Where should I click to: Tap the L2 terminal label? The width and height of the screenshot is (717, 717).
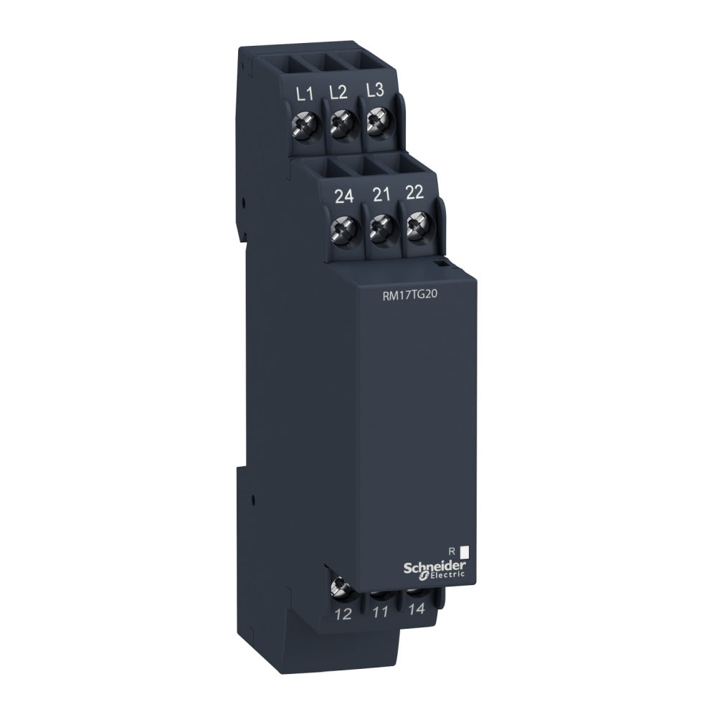coord(338,92)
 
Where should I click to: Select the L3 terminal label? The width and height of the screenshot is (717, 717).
coord(374,90)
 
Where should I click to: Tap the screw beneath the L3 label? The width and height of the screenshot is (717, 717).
coord(375,123)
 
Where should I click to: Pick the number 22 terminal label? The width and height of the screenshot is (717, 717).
coord(414,194)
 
